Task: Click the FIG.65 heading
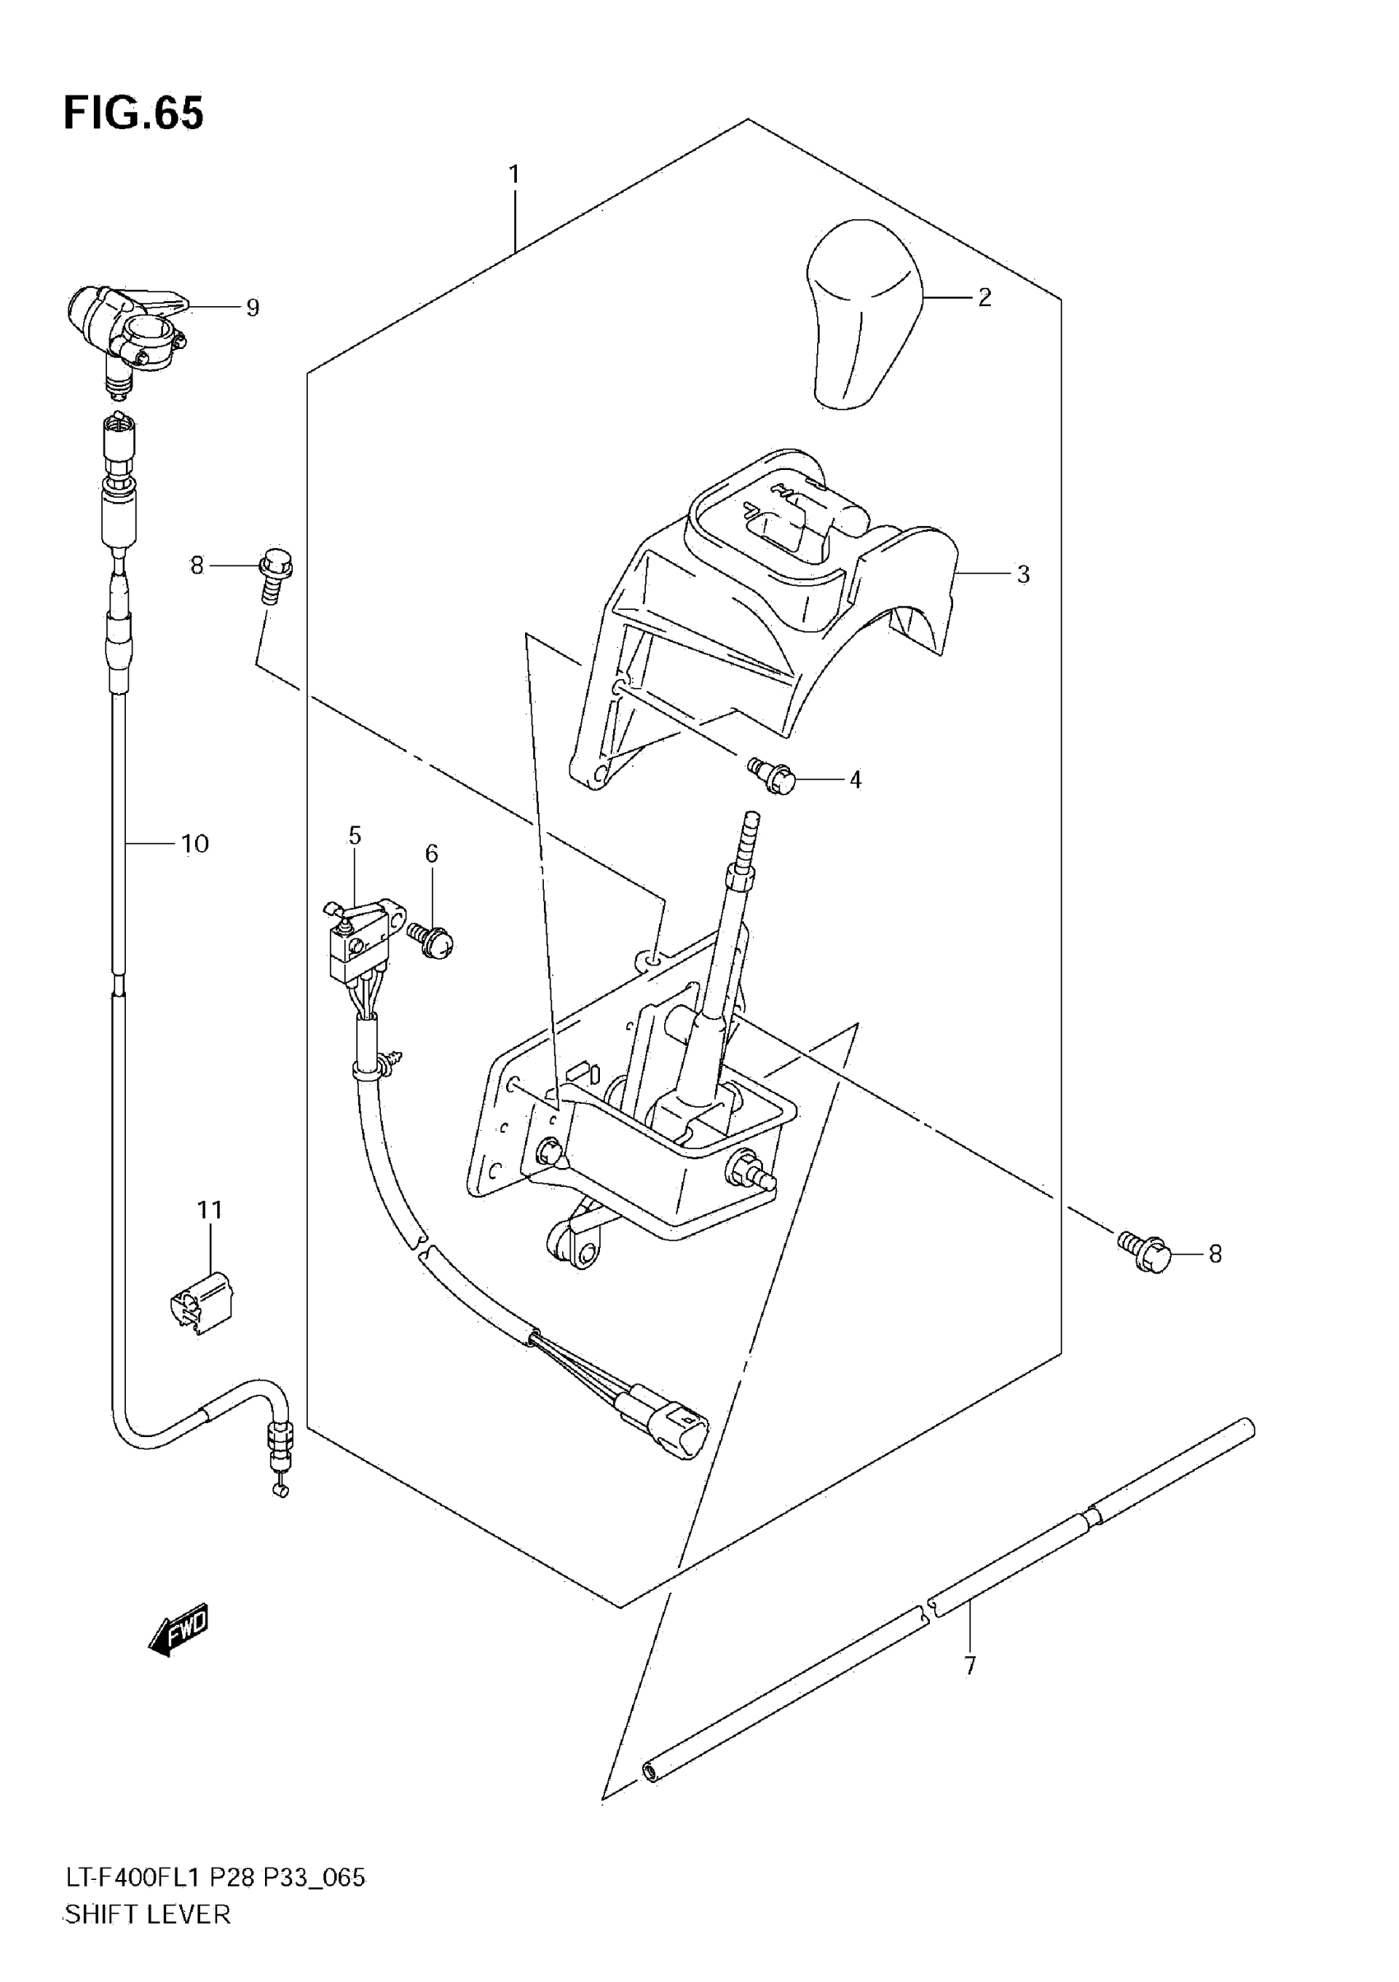tap(134, 114)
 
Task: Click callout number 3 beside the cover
tap(1023, 574)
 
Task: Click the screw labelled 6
tap(435, 942)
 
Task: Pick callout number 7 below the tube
tap(970, 1666)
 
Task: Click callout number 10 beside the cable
tap(195, 844)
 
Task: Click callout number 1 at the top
tap(514, 175)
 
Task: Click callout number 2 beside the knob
tap(985, 298)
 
